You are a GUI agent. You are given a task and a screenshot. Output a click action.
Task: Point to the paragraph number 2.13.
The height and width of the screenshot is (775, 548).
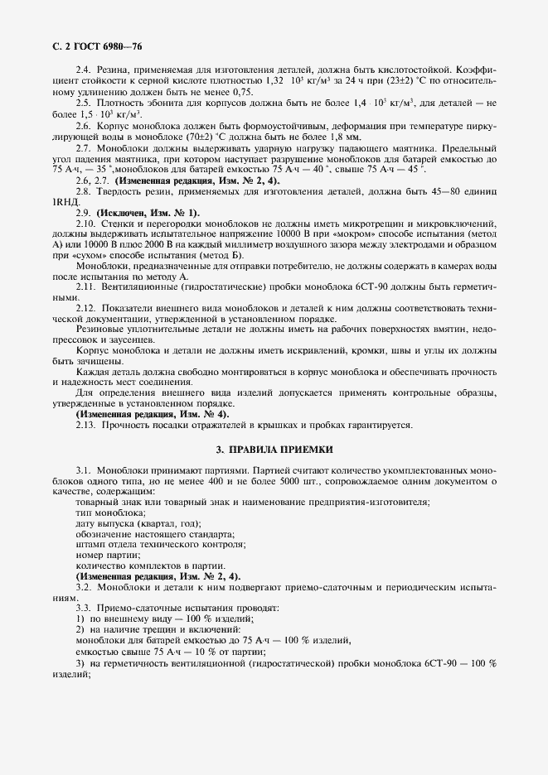click(x=87, y=425)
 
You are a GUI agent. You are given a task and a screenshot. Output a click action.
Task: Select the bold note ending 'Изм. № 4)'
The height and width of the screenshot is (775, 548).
click(x=153, y=413)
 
